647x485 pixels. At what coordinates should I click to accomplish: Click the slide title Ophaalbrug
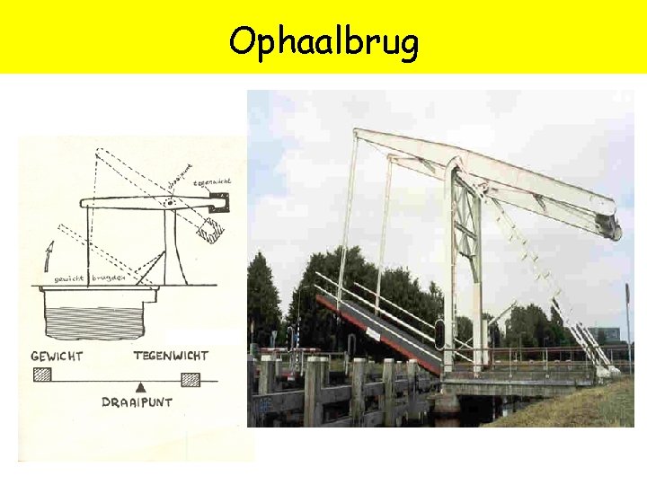point(323,40)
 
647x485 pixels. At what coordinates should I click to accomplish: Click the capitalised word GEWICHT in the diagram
point(57,356)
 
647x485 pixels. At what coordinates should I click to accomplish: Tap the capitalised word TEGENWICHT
point(171,356)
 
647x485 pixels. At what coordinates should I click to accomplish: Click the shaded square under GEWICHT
point(42,375)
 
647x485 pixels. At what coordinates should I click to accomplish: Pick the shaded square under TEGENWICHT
point(190,379)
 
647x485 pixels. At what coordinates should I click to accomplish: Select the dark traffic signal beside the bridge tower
point(439,334)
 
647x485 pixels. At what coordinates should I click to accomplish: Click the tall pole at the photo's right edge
point(627,323)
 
